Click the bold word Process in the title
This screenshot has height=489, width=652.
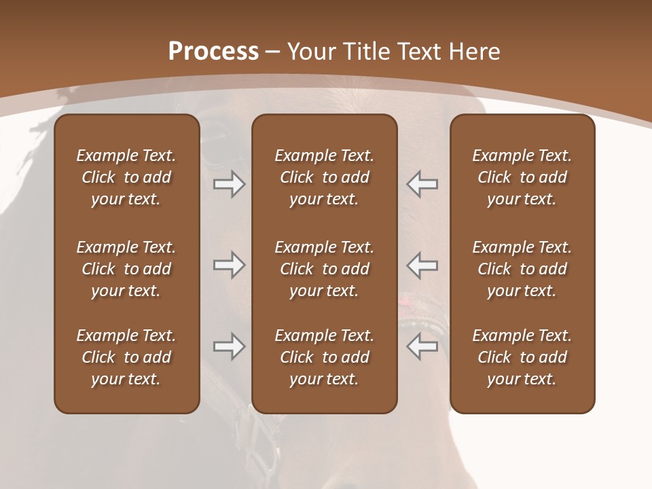pos(213,52)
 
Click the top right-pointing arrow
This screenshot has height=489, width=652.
pos(229,184)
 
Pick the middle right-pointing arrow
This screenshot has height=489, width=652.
pos(229,265)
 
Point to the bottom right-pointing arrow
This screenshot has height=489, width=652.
pos(229,346)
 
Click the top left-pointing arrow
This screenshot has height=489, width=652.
pos(422,184)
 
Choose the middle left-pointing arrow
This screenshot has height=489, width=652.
pos(422,265)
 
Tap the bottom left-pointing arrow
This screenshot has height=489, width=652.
pos(422,346)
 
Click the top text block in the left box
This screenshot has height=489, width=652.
pos(126,177)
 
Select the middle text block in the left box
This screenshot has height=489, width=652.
pos(126,269)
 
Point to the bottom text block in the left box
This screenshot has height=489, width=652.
pos(126,357)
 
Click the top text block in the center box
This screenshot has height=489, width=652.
pos(324,177)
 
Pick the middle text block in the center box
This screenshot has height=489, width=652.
pos(324,269)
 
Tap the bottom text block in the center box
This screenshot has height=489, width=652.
pos(324,357)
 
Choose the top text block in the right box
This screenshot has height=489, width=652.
pos(522,177)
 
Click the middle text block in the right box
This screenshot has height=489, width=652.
pos(522,269)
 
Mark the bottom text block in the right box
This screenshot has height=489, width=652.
pos(522,357)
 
